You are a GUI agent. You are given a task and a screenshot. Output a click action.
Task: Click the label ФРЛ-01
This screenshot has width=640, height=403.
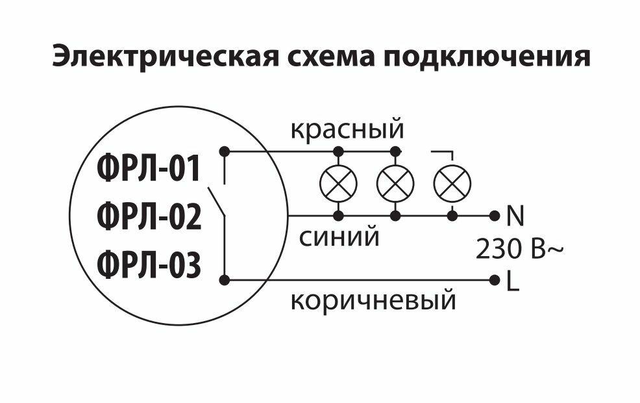[x=149, y=170]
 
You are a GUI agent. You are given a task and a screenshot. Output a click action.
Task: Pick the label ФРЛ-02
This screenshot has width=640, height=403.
[x=149, y=217]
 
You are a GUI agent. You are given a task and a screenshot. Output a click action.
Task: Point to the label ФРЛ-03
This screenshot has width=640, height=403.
[x=149, y=265]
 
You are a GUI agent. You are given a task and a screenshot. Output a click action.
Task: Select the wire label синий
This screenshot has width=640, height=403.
[x=339, y=237]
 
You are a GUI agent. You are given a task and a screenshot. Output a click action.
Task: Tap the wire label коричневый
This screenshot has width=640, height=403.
[x=373, y=301]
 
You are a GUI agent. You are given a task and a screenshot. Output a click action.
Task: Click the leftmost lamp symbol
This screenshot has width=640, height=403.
[x=338, y=183]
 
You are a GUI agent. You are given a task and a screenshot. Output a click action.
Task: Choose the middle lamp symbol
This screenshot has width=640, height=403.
[x=395, y=183]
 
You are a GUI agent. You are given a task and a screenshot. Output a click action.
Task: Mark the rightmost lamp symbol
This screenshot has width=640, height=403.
[x=452, y=183]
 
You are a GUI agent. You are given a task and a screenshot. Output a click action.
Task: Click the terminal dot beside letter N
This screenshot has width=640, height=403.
[x=495, y=214]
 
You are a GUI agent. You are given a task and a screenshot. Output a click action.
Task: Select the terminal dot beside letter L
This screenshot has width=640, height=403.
[x=495, y=280]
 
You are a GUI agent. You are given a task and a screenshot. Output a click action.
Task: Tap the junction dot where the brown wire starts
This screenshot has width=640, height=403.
[x=225, y=280]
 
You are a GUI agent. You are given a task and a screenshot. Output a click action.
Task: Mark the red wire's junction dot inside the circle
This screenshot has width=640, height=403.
[x=225, y=151]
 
